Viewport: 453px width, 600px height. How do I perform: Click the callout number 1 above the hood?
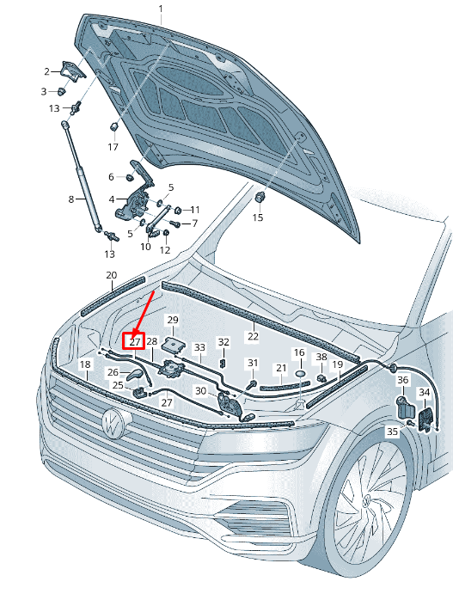coord(161,9)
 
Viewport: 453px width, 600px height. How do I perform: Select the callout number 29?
coord(173,320)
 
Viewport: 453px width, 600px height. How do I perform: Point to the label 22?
coord(254,336)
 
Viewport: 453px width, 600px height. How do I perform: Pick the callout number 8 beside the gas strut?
coord(71,199)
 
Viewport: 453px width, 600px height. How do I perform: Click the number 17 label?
coord(113,146)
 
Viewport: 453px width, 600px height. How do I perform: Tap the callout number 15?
coord(258,217)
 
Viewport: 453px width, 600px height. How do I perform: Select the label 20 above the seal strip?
coord(112,275)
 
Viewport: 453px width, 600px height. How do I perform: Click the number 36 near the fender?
coord(403,380)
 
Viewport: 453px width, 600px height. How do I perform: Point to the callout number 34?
coord(425,392)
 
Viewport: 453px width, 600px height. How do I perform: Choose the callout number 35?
coord(392,432)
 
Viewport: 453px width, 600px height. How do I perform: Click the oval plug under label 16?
coord(300,373)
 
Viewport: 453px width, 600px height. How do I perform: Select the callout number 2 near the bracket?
coord(46,71)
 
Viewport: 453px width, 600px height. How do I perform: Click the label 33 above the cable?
coord(200,347)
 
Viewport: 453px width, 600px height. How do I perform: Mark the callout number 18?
coord(85,364)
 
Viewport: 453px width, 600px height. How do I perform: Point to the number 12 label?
coord(165,250)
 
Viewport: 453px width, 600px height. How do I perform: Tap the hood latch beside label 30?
coord(230,405)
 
